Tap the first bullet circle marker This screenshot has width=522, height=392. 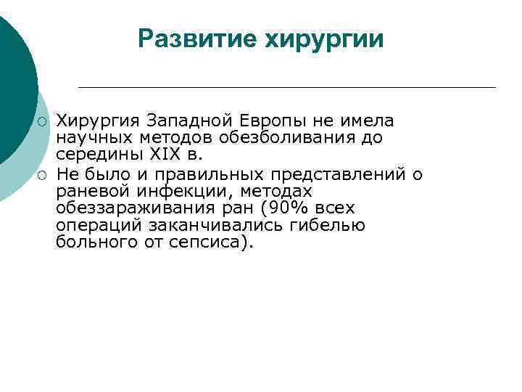[x=43, y=121]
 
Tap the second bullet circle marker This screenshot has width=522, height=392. [x=43, y=174]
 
